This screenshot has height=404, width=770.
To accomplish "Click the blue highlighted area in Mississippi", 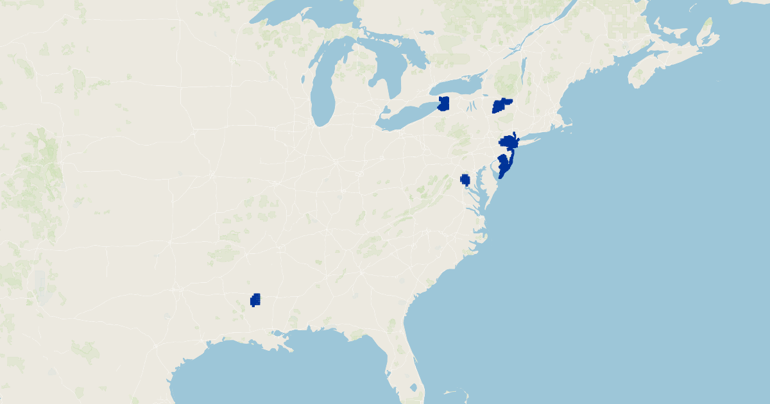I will click(255, 299).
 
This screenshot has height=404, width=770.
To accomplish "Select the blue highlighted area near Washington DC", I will click(465, 180).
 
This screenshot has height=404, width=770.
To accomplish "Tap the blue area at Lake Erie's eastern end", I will click(443, 104).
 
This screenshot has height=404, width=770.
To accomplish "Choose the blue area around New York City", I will click(509, 142).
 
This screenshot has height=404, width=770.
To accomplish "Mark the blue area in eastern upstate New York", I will click(501, 106).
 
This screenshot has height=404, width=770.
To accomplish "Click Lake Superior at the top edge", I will click(302, 13).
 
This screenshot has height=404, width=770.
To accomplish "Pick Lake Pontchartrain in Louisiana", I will click(277, 333).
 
